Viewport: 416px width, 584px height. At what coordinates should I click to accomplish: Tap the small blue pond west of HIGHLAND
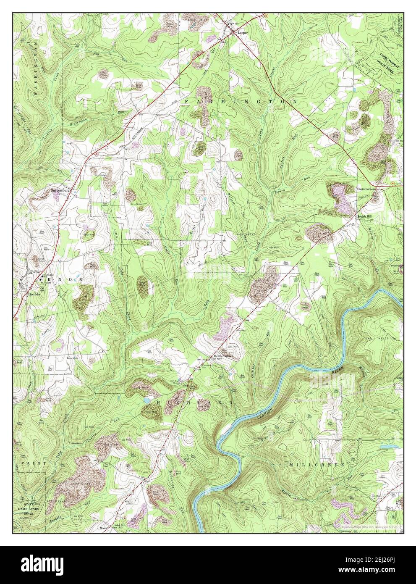146,401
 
